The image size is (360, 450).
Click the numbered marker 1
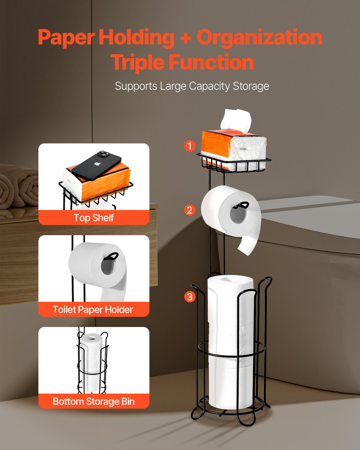(x=190, y=146)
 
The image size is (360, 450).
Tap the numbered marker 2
(x=190, y=210)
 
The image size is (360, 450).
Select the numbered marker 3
(x=190, y=297)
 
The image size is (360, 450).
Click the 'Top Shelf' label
(x=94, y=217)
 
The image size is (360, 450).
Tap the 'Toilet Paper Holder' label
(x=93, y=309)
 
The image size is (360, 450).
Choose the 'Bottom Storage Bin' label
(x=94, y=401)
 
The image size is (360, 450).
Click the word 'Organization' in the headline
(x=259, y=37)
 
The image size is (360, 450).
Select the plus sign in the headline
(x=185, y=38)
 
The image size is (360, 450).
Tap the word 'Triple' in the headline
(x=138, y=62)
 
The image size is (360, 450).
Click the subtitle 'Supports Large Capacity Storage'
(x=192, y=86)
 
